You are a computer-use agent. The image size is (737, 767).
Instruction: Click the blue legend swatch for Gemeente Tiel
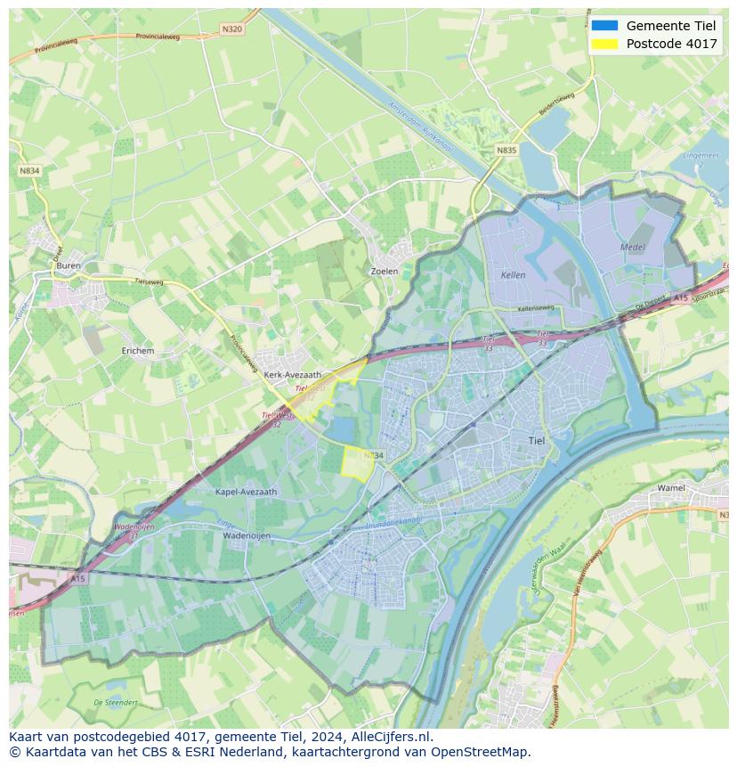click(604, 25)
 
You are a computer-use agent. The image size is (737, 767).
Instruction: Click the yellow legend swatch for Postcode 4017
click(604, 44)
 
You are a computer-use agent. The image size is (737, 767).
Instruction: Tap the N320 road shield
click(231, 29)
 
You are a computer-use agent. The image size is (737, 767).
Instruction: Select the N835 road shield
click(506, 151)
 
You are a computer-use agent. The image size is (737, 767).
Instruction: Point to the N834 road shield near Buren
click(29, 170)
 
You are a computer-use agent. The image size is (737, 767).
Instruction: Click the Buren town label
click(69, 265)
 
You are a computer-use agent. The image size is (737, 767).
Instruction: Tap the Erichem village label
click(138, 351)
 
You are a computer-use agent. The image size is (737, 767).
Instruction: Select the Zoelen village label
click(384, 271)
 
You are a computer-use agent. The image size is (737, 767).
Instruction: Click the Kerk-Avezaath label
click(293, 375)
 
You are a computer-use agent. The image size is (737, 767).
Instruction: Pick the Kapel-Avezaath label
click(247, 491)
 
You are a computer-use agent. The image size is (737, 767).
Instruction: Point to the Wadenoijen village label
click(247, 536)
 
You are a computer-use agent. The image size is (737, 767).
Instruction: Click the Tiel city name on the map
click(537, 440)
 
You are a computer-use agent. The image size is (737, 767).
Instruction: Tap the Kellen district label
click(514, 275)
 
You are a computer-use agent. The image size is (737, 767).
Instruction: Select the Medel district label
click(632, 247)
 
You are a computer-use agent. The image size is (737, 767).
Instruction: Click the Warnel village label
click(671, 488)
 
